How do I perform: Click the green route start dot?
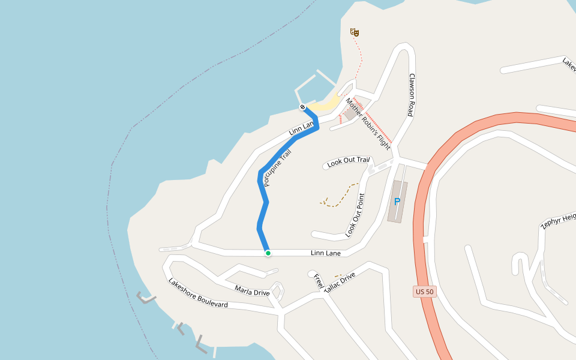pyautogui.click(x=268, y=253)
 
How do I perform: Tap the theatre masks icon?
pyautogui.click(x=354, y=32)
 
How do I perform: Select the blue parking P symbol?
pyautogui.click(x=397, y=202)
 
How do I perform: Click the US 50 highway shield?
pyautogui.click(x=424, y=292)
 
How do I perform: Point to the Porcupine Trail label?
pyautogui.click(x=277, y=169)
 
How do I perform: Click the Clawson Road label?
pyautogui.click(x=412, y=95)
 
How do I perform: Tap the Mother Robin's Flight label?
pyautogui.click(x=368, y=124)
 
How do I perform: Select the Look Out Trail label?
pyautogui.click(x=348, y=161)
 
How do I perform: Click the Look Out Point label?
pyautogui.click(x=355, y=215)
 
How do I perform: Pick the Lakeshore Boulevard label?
pyautogui.click(x=197, y=293)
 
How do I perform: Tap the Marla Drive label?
pyautogui.click(x=252, y=292)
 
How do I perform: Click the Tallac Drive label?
pyautogui.click(x=340, y=282)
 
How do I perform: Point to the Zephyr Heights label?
pyautogui.click(x=558, y=221)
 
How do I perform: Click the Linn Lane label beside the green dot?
pyautogui.click(x=326, y=253)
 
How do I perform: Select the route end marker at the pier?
pyautogui.click(x=302, y=107)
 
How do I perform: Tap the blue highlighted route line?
pyautogui.click(x=262, y=204)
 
